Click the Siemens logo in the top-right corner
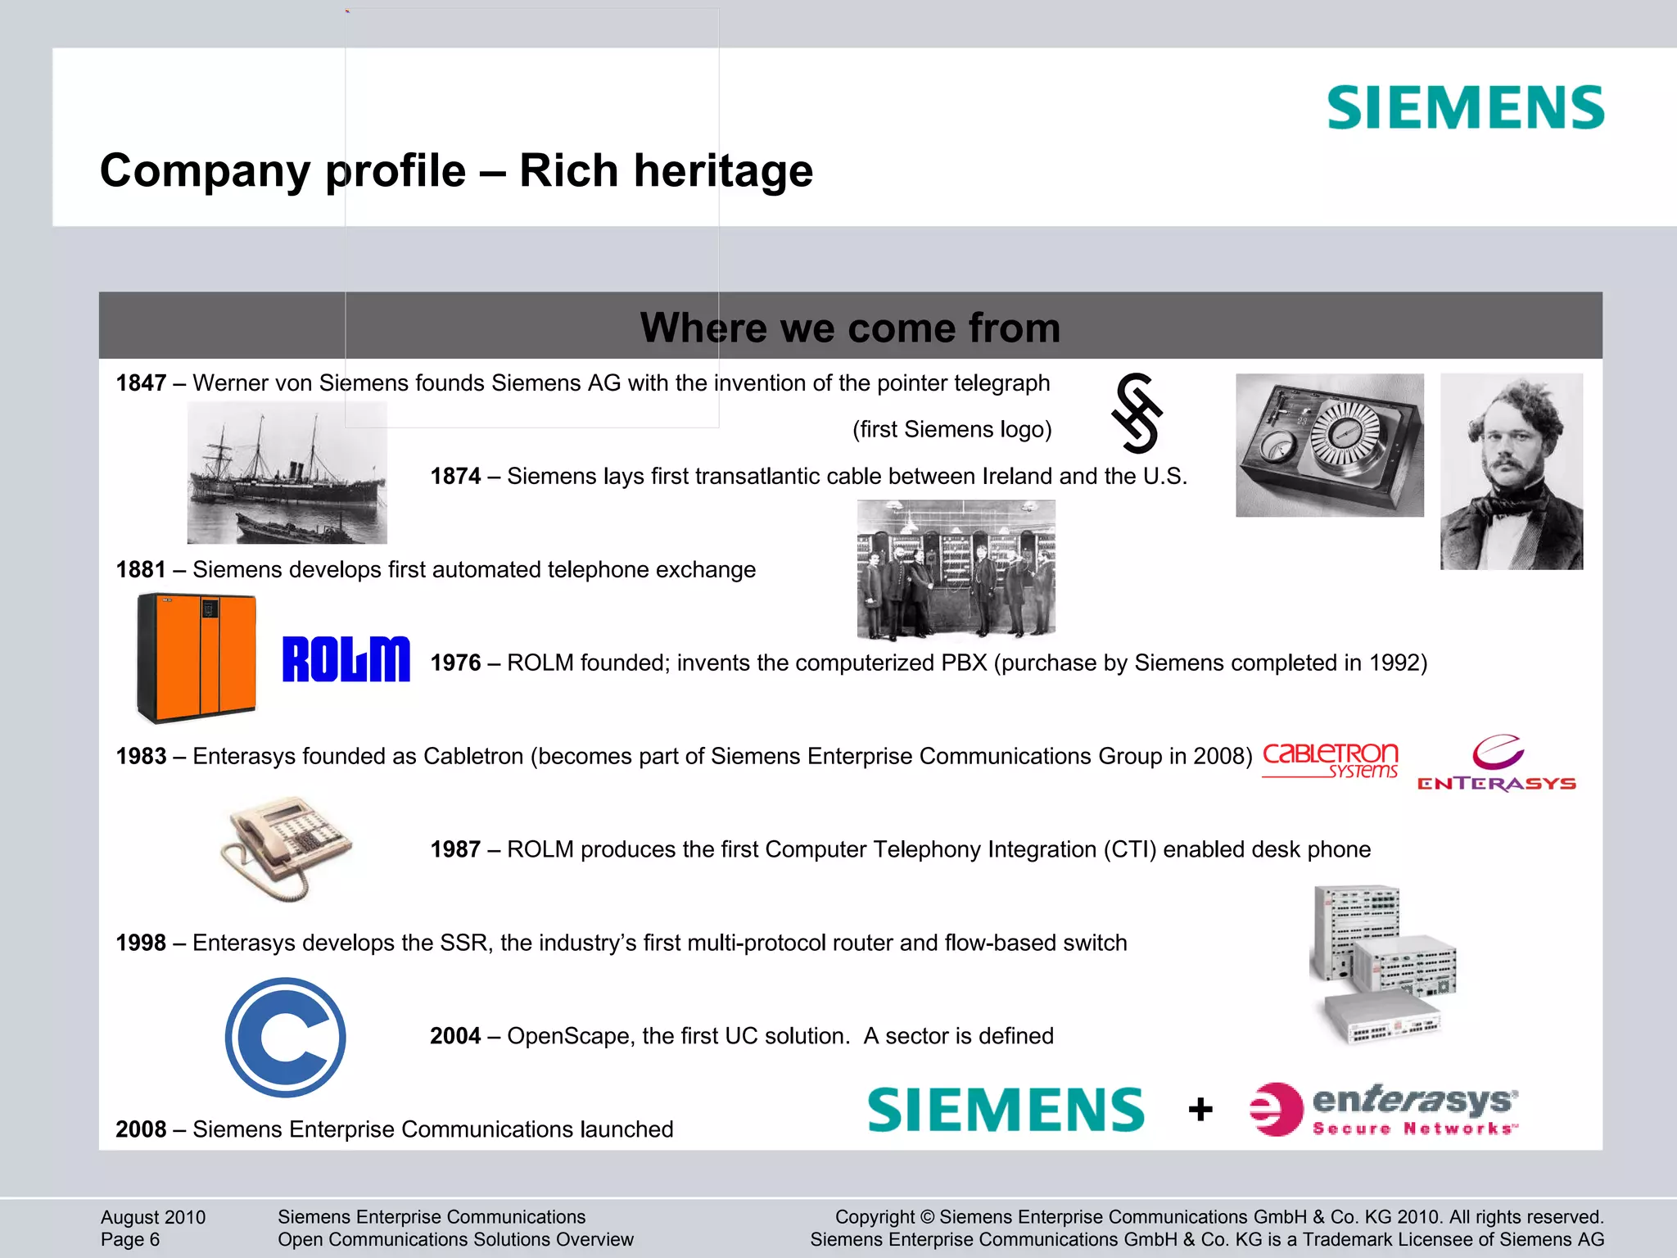click(x=1465, y=107)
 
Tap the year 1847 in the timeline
click(x=141, y=383)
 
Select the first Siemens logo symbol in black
click(x=1137, y=413)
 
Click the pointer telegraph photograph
click(x=1329, y=445)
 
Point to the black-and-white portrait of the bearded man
click(x=1511, y=471)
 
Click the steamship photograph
click(x=287, y=473)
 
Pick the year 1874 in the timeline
click(x=455, y=477)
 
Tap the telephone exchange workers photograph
click(x=956, y=569)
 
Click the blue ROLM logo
click(x=346, y=659)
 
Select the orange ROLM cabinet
click(x=197, y=658)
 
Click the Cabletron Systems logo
click(x=1330, y=759)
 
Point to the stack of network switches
click(x=1382, y=963)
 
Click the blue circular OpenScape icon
click(x=285, y=1037)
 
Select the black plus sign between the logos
click(x=1200, y=1110)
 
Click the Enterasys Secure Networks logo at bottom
click(x=1384, y=1110)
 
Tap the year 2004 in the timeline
click(x=455, y=1036)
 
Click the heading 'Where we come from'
click(x=850, y=328)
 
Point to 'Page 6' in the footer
click(x=130, y=1240)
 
